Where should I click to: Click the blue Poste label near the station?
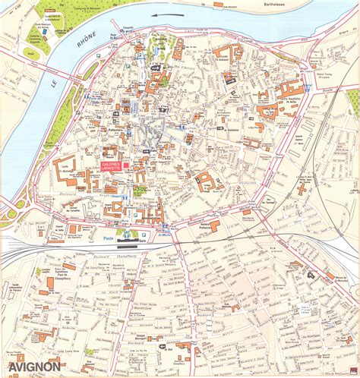pyautogui.click(x=109, y=238)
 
